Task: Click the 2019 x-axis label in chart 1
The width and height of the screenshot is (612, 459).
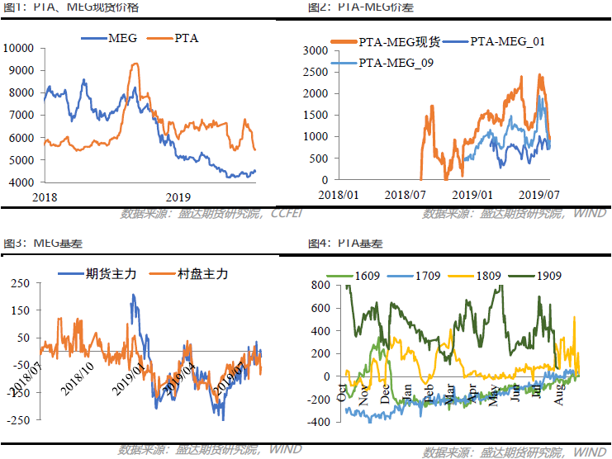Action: (x=178, y=196)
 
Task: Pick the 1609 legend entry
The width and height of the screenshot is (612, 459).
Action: (x=364, y=274)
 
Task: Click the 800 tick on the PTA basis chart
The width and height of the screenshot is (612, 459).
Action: (x=320, y=286)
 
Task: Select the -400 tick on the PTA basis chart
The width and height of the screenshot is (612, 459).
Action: (x=317, y=422)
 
